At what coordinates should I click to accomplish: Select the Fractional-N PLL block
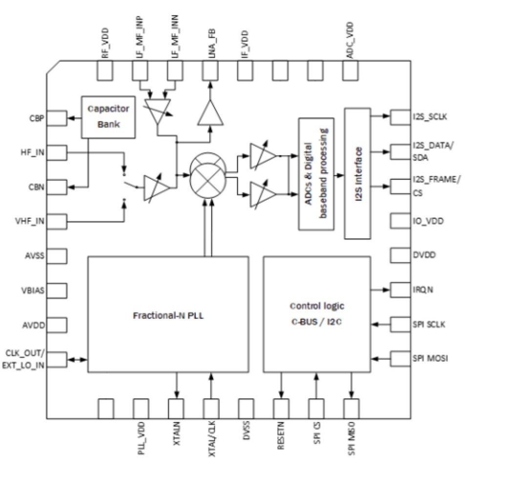coord(168,314)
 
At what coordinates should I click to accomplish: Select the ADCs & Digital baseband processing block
coord(316,174)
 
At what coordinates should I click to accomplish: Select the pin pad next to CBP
coord(57,117)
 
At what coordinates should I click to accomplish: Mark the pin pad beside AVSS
coord(57,255)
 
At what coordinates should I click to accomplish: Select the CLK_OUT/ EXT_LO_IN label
coord(24,359)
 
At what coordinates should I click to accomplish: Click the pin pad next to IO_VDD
coord(399,221)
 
